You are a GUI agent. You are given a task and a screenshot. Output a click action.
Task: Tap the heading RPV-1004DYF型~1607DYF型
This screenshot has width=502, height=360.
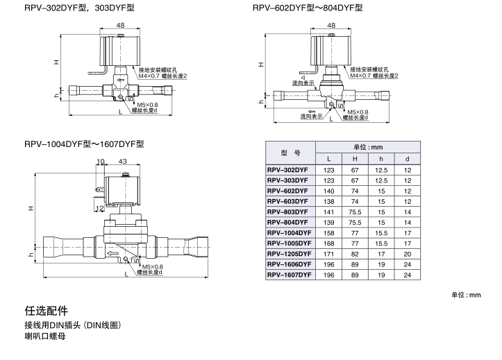pyautogui.click(x=83, y=144)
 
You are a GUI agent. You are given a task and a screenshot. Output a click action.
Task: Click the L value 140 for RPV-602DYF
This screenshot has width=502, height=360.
pyautogui.click(x=330, y=191)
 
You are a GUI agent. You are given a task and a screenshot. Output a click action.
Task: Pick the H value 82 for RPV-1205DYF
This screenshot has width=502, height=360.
pyautogui.click(x=354, y=254)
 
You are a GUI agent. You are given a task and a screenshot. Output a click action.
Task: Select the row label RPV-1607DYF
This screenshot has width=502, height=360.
pyautogui.click(x=287, y=275)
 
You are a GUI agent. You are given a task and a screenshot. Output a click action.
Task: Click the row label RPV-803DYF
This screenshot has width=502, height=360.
pyautogui.click(x=287, y=212)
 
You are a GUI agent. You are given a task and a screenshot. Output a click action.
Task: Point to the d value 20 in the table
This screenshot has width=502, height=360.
pyautogui.click(x=408, y=254)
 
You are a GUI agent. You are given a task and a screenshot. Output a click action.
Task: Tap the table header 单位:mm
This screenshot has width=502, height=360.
pyautogui.click(x=368, y=147)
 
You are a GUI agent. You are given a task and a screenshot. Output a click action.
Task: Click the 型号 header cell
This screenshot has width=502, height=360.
pyautogui.click(x=290, y=153)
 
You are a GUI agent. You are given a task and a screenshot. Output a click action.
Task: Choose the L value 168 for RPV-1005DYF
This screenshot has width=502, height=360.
pyautogui.click(x=330, y=243)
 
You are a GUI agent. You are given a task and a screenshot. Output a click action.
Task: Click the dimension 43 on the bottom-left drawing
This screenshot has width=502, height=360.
pyautogui.click(x=123, y=161)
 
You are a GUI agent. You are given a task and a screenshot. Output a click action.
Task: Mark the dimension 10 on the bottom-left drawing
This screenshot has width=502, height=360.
pyautogui.click(x=101, y=161)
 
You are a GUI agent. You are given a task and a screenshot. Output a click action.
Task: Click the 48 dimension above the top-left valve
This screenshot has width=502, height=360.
pyautogui.click(x=121, y=25)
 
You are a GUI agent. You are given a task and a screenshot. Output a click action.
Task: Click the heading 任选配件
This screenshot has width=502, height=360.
pyautogui.click(x=46, y=309)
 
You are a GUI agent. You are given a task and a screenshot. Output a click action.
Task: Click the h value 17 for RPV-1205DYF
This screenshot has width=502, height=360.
pyautogui.click(x=380, y=254)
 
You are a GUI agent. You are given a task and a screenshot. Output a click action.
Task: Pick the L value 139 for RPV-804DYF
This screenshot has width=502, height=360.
pyautogui.click(x=330, y=223)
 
